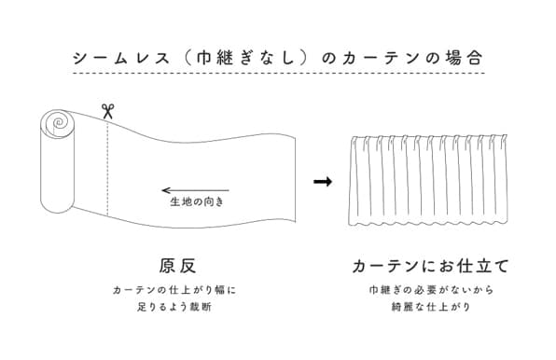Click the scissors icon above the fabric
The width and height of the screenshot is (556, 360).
(x=107, y=111)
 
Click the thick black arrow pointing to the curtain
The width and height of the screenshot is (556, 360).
(x=323, y=181)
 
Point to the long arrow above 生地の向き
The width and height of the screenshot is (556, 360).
(x=195, y=190)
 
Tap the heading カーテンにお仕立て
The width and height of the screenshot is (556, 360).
(x=431, y=266)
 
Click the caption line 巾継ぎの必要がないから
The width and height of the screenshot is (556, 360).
(x=431, y=290)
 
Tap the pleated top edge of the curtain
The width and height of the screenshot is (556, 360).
(x=431, y=140)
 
